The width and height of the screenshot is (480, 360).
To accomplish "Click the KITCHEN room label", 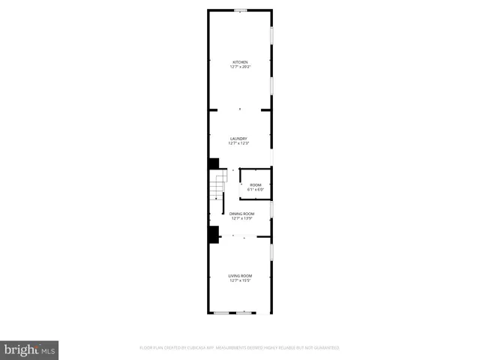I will point(240,61).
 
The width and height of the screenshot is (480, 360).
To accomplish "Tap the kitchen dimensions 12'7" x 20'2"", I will point(240,67).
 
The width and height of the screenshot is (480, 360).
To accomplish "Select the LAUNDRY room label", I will point(239,138).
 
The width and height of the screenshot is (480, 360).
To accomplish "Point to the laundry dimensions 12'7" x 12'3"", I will point(239,143).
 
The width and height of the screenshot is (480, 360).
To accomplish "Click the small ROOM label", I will point(256,184).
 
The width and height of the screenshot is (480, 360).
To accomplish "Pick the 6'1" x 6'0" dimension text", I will point(256,189).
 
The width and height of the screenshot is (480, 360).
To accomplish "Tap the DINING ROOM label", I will point(241,214).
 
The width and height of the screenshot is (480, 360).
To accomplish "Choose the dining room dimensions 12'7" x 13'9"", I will point(241,219).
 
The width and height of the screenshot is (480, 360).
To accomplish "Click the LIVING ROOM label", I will point(240,277).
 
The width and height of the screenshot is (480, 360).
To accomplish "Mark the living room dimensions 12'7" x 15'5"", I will point(240,282).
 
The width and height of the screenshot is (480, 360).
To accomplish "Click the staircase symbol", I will point(217,186).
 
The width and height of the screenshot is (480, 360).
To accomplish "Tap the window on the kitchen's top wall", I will point(240,10).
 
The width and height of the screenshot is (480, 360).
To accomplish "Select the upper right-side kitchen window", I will point(271,35).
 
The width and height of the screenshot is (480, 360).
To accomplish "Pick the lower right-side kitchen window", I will point(271,84).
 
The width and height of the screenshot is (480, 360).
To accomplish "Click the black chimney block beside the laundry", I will point(214,163).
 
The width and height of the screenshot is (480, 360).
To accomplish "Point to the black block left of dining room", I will point(214,235).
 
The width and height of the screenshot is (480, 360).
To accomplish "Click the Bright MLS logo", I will point(29,349).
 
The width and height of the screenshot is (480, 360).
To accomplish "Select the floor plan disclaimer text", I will point(239,348).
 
